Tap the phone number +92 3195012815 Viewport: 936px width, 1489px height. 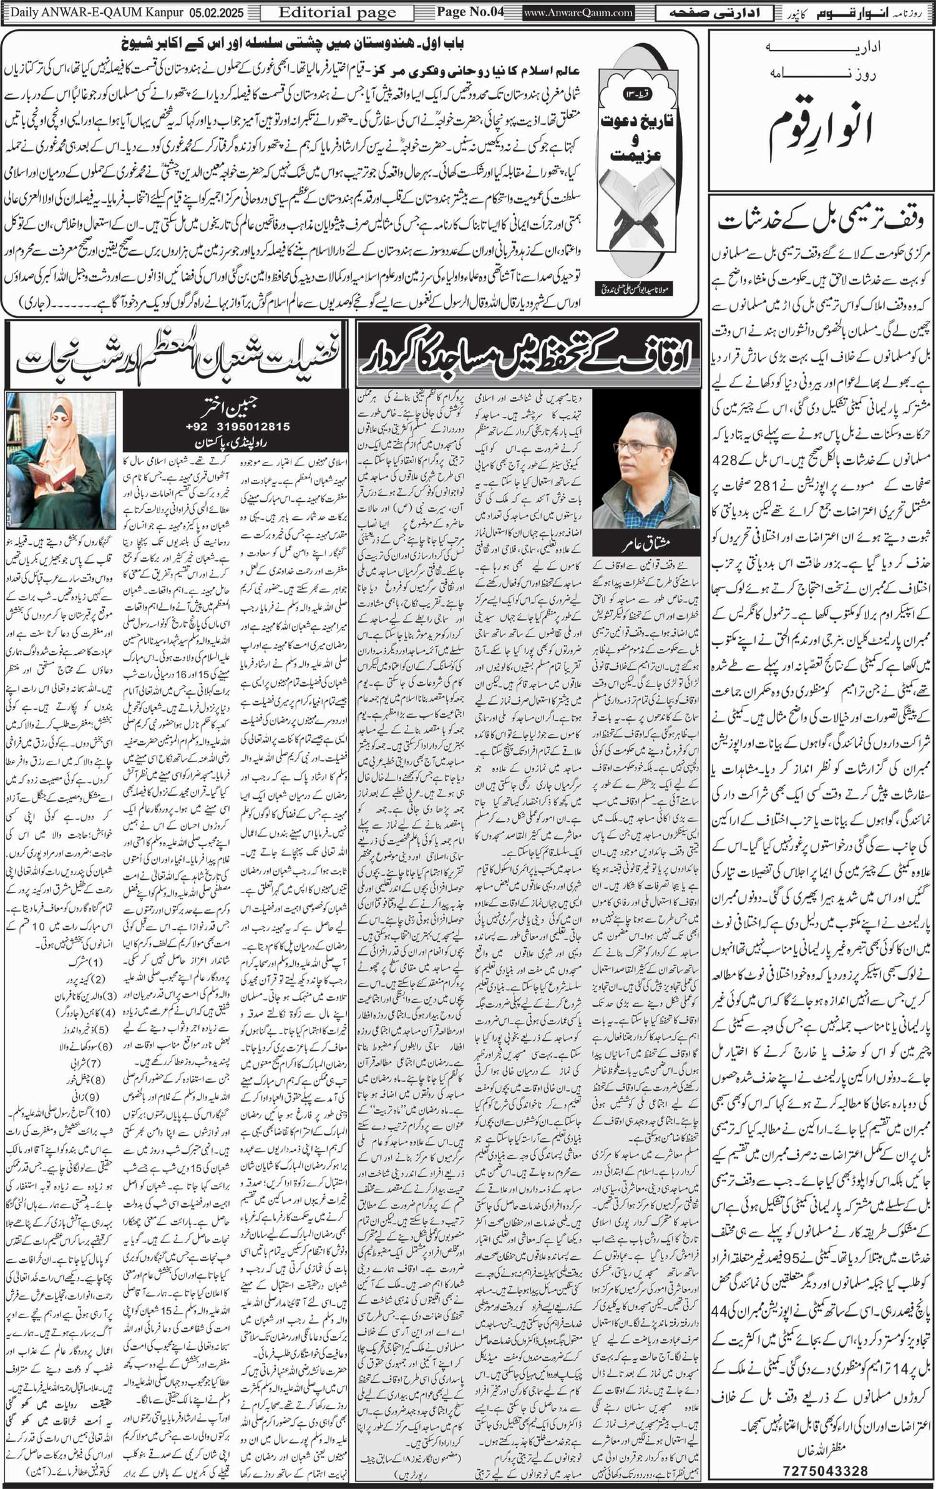[237, 427]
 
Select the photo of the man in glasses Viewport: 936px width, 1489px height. [636, 465]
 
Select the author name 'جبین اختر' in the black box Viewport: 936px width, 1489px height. [237, 407]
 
